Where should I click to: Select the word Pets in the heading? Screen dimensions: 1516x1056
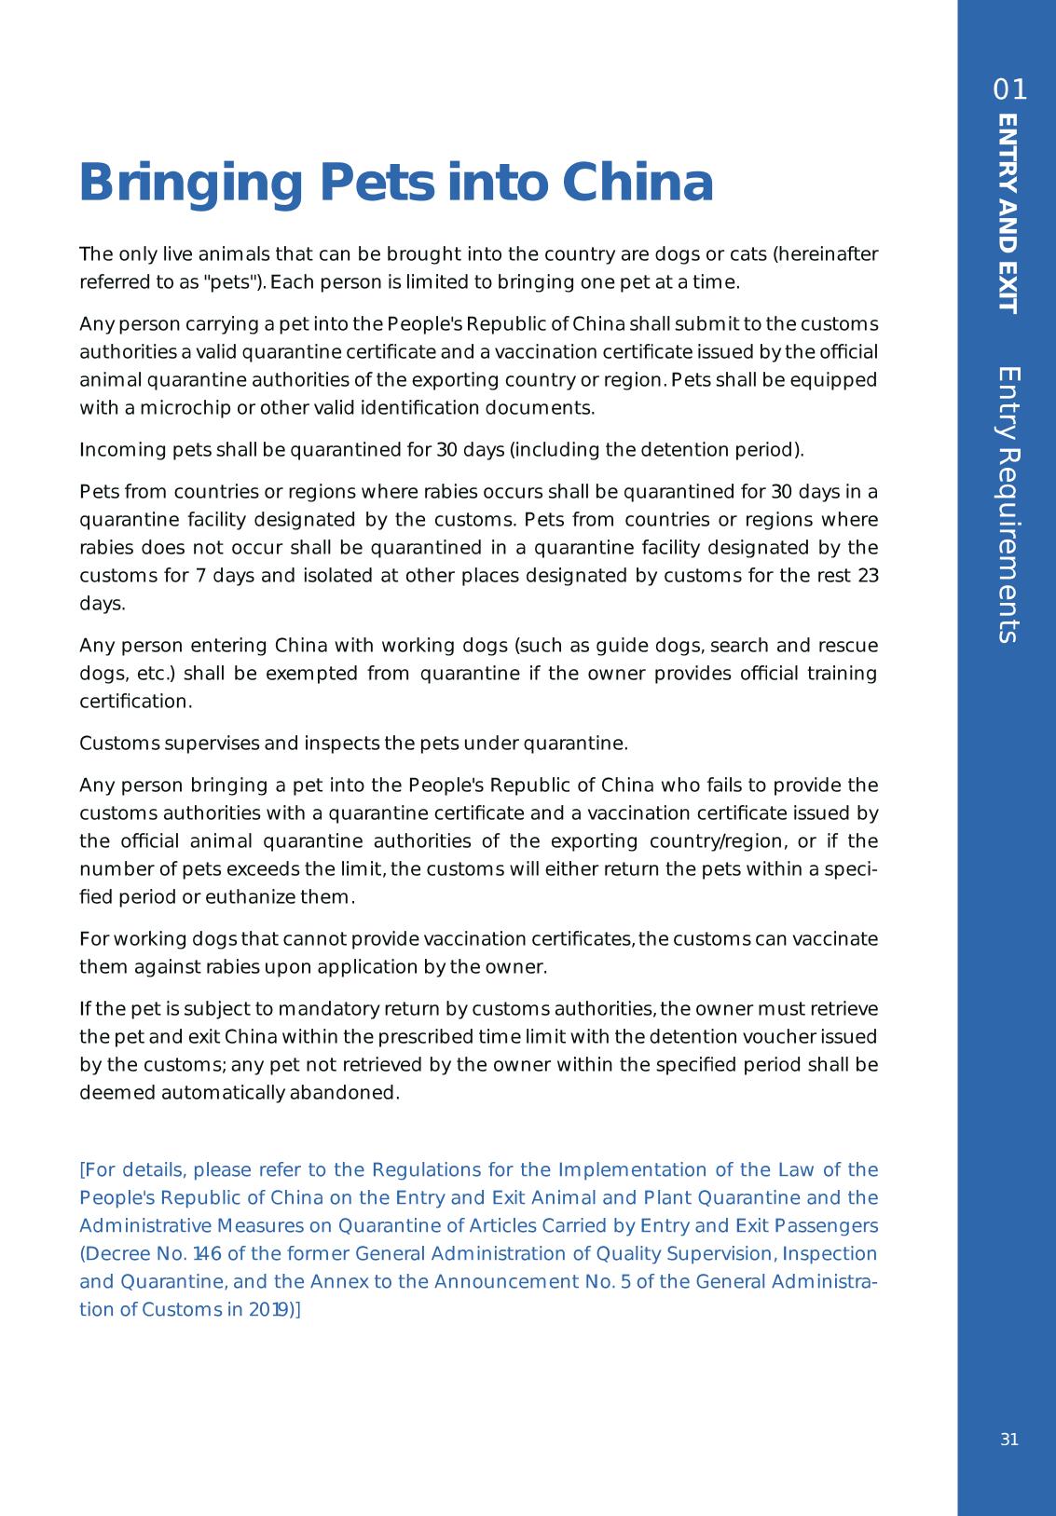click(x=377, y=184)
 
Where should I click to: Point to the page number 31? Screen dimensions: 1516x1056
click(x=1009, y=1440)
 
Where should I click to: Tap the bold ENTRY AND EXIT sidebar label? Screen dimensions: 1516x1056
click(x=1008, y=213)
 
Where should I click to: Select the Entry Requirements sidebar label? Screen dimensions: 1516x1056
click(x=1008, y=504)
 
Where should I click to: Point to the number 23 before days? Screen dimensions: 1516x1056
click(x=868, y=575)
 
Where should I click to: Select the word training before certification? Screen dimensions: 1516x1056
click(x=843, y=673)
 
